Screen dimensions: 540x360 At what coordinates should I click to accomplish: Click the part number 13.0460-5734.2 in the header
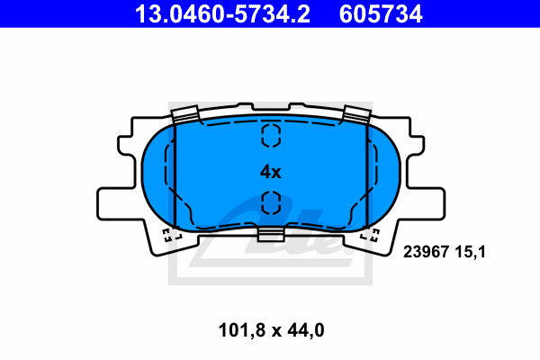[222, 14]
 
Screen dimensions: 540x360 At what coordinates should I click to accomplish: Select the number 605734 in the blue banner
[381, 14]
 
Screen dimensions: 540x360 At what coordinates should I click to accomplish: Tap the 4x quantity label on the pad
[270, 172]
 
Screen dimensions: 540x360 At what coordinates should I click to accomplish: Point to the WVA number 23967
[426, 252]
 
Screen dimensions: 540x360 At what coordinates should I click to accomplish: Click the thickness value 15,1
[470, 252]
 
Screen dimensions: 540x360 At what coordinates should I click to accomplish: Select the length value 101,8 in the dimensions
[242, 330]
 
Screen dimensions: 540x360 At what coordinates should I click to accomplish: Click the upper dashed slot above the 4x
[271, 135]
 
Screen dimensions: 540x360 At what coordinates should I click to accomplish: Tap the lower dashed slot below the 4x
[271, 202]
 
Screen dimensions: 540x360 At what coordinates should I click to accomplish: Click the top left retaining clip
[185, 114]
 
